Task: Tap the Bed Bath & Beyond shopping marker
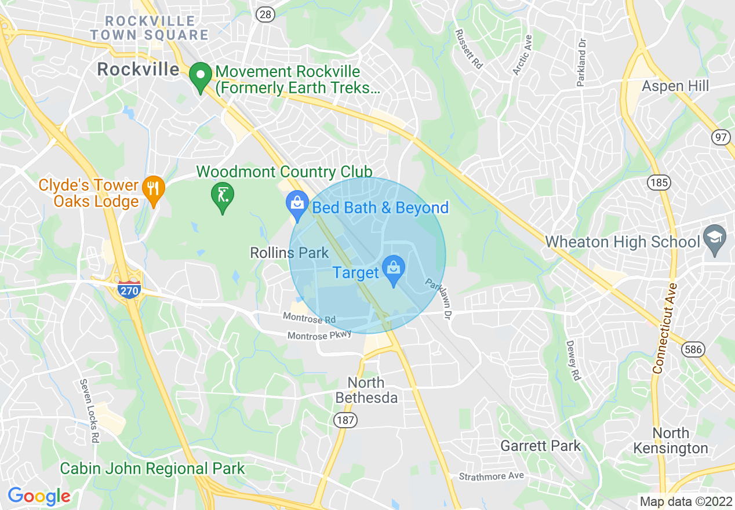coord(297,205)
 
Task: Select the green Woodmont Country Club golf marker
coord(222,196)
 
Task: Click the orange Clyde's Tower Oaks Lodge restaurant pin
coord(153,190)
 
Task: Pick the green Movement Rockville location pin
coord(201,77)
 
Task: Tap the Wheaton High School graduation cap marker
coord(714,239)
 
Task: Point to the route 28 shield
coord(265,15)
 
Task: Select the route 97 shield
coord(721,137)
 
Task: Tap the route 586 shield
coord(694,349)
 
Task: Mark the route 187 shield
coord(346,421)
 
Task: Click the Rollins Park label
coord(289,253)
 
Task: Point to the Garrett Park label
coord(540,446)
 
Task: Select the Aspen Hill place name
coord(675,86)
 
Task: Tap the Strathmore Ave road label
coord(491,476)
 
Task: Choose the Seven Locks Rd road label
coord(90,410)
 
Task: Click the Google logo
coord(39,496)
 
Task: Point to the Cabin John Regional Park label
coord(152,468)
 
